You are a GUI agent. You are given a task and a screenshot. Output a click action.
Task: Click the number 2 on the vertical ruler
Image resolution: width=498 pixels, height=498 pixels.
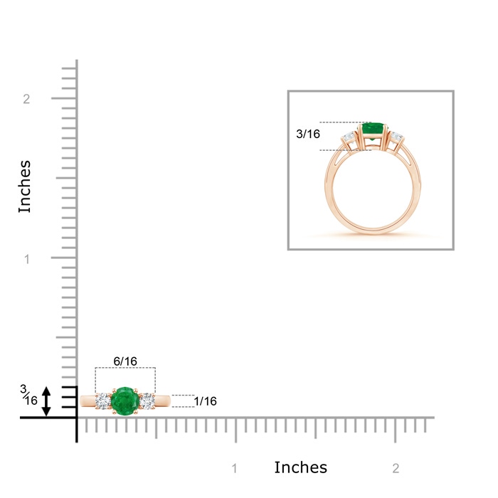26,99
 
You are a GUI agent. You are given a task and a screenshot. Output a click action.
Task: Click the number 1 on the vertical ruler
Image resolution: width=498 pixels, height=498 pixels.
27,259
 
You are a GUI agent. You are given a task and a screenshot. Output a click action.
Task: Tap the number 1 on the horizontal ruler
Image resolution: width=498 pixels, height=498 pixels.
234,468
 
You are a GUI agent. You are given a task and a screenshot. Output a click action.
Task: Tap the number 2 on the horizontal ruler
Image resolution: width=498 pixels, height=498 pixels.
396,468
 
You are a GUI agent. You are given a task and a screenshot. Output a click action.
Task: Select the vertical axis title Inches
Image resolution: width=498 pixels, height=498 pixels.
24,186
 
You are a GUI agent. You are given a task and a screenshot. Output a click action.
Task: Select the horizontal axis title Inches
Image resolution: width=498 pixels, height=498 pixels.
300,467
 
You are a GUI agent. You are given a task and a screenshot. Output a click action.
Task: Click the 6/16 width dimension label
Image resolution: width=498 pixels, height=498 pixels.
125,361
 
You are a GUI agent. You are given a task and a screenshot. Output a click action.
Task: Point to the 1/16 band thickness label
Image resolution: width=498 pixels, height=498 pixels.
205,401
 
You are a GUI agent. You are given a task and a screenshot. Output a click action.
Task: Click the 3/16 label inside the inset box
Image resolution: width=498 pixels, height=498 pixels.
308,134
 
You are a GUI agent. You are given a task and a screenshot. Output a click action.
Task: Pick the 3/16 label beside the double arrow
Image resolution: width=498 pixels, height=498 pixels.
28,395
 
